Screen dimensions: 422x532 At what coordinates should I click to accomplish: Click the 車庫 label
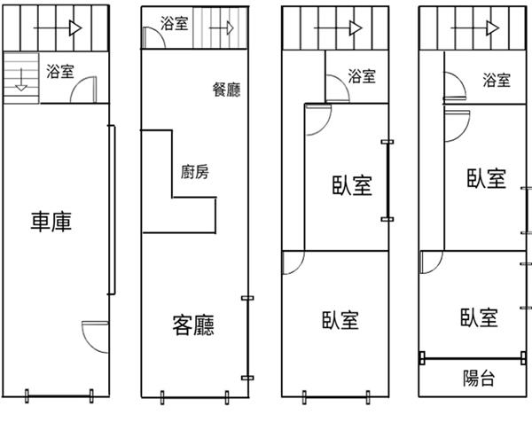point(51,222)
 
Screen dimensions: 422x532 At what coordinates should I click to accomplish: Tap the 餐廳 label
point(227,90)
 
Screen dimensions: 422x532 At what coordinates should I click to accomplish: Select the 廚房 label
point(194,172)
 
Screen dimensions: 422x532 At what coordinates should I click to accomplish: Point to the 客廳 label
point(194,324)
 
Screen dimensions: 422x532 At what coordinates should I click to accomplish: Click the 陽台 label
point(479,379)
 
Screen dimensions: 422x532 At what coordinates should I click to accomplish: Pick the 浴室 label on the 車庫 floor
point(59,69)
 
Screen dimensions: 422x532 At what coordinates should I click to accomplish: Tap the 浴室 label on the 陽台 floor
point(497,81)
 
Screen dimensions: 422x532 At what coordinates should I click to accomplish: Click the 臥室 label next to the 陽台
point(479,317)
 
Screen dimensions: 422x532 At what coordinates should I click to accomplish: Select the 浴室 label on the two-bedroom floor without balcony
point(362,77)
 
